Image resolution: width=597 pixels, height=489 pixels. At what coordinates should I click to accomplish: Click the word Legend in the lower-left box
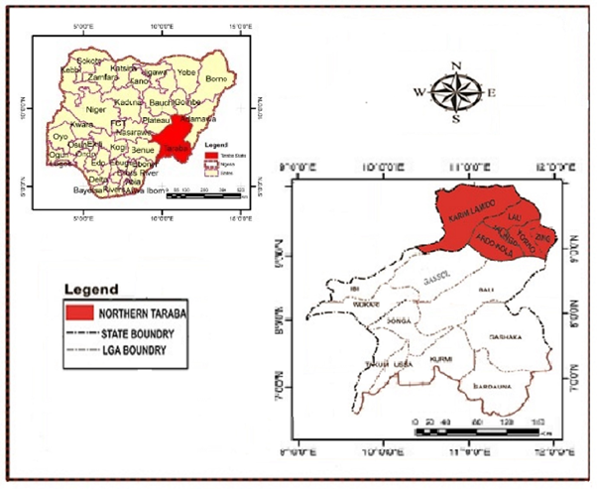91,290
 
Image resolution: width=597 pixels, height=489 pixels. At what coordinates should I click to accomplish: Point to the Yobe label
187,72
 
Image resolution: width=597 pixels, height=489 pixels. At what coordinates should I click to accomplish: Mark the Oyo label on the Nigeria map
60,135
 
